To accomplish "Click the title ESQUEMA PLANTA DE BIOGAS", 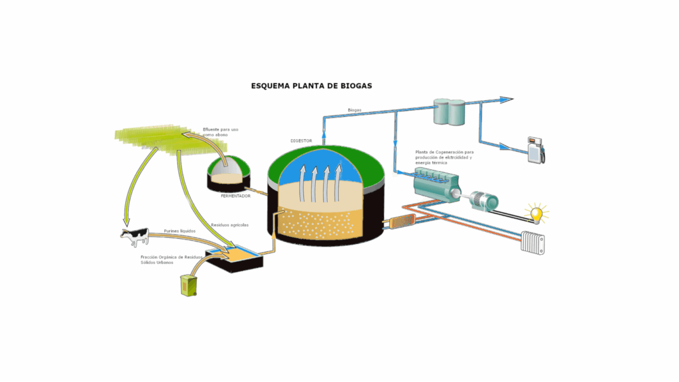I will (x=311, y=86).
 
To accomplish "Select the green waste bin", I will (x=189, y=285).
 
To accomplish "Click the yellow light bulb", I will (x=536, y=214).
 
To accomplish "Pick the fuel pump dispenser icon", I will (x=535, y=150).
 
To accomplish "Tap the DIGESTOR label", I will (x=301, y=141).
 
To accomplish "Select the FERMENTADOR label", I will (x=235, y=196).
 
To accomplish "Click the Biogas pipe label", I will (x=355, y=109).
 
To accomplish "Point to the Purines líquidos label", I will (x=180, y=231).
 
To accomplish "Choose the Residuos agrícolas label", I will (x=229, y=225).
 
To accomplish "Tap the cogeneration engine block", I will (x=434, y=182).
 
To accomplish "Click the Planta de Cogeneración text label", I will (x=444, y=157).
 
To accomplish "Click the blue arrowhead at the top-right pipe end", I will (x=507, y=99).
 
